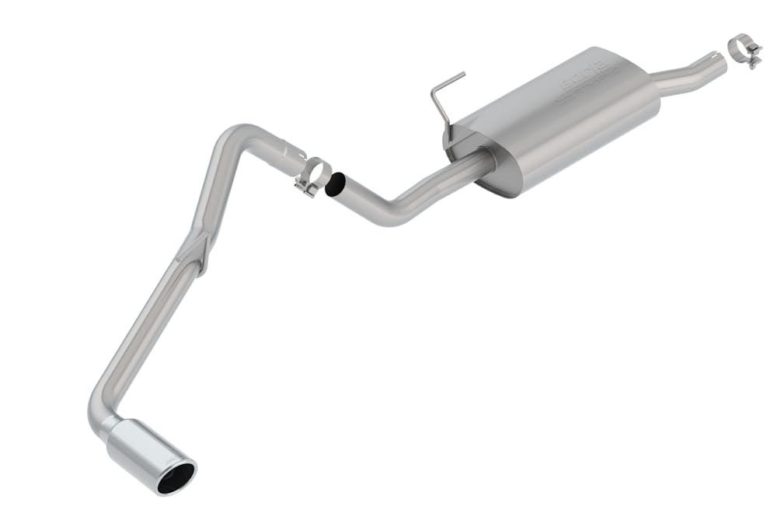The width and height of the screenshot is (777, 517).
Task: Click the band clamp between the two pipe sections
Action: pyautogui.click(x=315, y=174)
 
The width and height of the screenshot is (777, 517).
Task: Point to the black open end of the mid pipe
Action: pyautogui.click(x=337, y=185)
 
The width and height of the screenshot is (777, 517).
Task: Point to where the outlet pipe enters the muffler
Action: pyautogui.click(x=486, y=159)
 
